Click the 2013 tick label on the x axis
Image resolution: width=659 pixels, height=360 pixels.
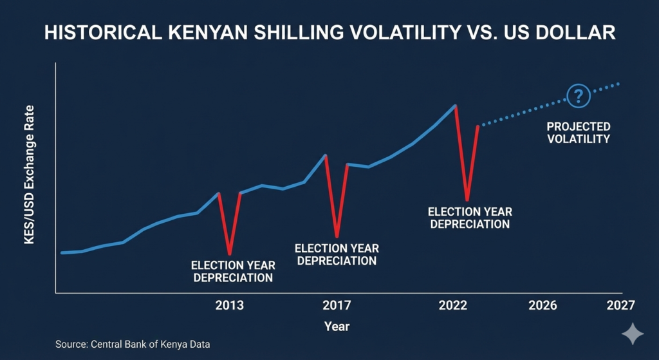pos(229,305)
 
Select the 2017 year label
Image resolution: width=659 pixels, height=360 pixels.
pos(337,305)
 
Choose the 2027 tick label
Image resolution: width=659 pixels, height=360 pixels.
pos(620,305)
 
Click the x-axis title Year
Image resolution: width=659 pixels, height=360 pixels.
pos(337,327)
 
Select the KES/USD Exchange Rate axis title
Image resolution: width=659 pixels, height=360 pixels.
pos(30,175)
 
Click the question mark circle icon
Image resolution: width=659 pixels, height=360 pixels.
pos(578,97)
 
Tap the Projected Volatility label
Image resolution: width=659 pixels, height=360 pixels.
pos(579,133)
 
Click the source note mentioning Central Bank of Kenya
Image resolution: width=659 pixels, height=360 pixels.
pos(133,345)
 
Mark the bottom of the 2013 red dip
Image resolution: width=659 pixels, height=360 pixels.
pos(230,254)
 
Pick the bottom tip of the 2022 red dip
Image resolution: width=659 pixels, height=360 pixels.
pos(467,199)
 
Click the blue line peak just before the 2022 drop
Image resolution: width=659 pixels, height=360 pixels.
pos(456,105)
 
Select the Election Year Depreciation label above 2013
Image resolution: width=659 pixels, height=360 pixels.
pos(233,272)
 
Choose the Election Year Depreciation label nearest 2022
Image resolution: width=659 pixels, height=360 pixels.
pos(470,218)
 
